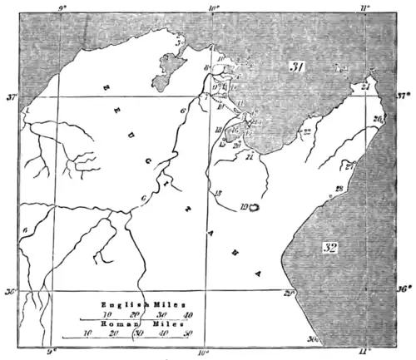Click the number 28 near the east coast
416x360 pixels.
(339, 189)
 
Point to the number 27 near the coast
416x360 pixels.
(350, 165)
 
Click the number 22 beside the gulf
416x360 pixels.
(307, 131)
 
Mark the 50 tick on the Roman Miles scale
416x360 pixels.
(188, 333)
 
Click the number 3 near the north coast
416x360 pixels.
(177, 39)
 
